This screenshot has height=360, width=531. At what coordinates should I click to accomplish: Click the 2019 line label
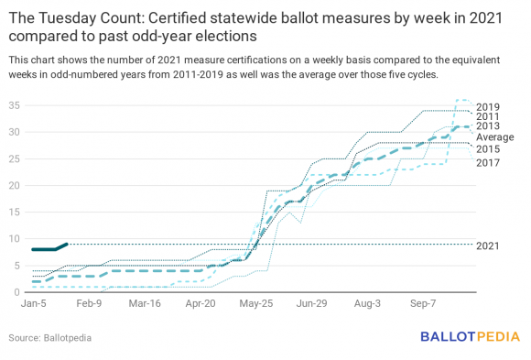click(x=489, y=106)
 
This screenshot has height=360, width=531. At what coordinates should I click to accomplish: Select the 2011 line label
click(x=489, y=116)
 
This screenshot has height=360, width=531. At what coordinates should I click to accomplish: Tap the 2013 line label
click(x=489, y=125)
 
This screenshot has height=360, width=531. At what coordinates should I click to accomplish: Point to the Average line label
click(x=494, y=137)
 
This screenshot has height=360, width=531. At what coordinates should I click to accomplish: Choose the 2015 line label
click(x=489, y=148)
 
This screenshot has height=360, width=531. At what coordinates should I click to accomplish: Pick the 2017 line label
click(x=489, y=162)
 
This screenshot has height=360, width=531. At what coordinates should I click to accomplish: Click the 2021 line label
click(x=489, y=246)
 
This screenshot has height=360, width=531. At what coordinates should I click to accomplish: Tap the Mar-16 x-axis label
click(x=145, y=301)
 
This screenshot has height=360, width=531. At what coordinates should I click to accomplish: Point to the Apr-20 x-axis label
click(x=200, y=301)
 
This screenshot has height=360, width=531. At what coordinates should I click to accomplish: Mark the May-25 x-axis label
click(x=255, y=301)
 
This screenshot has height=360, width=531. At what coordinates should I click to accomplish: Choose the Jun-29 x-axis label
click(x=311, y=301)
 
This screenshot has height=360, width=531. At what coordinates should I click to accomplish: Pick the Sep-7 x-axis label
click(x=423, y=301)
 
